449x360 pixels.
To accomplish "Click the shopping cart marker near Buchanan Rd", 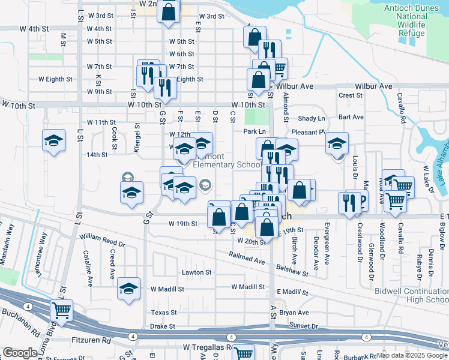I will pos(61,310).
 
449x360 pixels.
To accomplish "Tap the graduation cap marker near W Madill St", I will pos(128,289).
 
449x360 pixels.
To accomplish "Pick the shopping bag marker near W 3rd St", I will pos(169,10).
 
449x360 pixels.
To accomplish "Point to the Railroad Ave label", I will pos(246,258).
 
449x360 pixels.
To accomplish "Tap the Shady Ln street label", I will pos(311,119).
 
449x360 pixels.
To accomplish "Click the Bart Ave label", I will pos(351,117).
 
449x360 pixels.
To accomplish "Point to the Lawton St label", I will pos(197,272).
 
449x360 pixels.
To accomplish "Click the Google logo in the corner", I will pos(20,352).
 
